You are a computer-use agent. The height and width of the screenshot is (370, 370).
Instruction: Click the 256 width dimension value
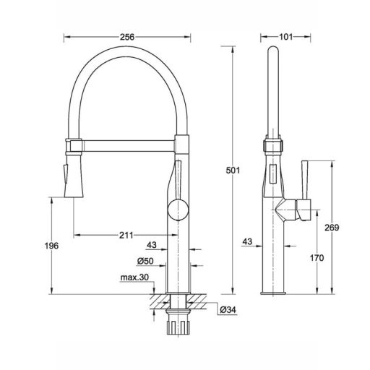(x=127, y=37)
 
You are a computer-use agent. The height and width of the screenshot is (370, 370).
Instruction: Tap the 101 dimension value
(x=285, y=37)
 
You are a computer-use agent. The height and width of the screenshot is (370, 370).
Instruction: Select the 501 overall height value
(x=233, y=171)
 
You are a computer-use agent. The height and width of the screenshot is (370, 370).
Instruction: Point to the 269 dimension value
(x=332, y=228)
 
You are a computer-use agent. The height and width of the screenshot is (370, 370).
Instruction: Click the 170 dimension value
(x=317, y=258)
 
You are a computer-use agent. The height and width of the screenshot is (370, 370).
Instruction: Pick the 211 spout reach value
(x=126, y=235)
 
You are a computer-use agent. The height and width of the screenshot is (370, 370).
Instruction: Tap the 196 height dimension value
(x=51, y=246)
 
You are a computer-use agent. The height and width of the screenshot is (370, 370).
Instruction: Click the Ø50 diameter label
(x=145, y=261)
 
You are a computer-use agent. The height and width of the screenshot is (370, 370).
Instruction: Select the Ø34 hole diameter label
(x=228, y=310)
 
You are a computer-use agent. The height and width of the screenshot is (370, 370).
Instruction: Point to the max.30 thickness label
(x=134, y=277)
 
